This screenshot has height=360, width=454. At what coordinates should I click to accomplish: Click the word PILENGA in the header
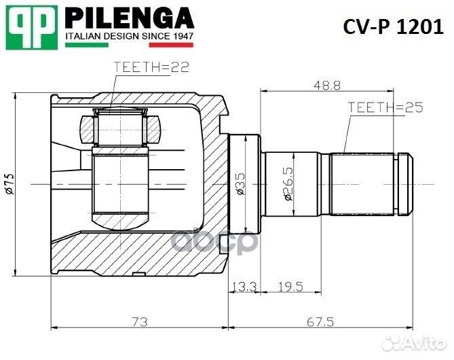[130, 17]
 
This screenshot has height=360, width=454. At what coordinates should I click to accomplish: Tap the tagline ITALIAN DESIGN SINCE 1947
[130, 35]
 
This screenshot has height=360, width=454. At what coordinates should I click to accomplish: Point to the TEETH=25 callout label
[385, 107]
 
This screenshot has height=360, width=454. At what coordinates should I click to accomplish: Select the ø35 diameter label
[241, 184]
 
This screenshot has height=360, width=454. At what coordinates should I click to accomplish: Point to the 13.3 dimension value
[244, 287]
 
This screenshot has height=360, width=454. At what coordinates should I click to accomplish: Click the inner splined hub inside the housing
[121, 183]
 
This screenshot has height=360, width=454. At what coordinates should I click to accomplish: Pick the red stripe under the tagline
[172, 45]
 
